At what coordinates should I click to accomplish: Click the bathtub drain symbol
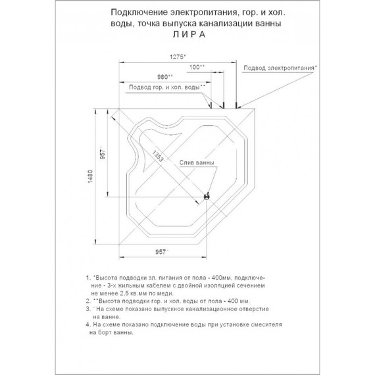click(207, 197)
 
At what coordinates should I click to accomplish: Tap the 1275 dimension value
click(177, 57)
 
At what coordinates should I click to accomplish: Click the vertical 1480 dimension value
click(90, 176)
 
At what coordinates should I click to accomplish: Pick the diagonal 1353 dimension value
click(158, 156)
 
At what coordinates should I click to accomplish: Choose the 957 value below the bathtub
click(161, 252)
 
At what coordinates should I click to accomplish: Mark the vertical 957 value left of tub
click(103, 154)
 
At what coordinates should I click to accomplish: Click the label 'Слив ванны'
click(197, 162)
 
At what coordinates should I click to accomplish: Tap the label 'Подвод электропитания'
click(279, 68)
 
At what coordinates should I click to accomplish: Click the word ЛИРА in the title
click(189, 35)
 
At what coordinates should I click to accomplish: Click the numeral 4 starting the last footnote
click(87, 324)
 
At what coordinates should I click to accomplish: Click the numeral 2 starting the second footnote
click(87, 301)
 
